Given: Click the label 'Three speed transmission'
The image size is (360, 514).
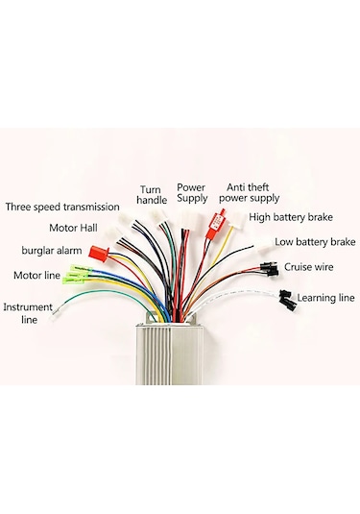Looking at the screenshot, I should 63,207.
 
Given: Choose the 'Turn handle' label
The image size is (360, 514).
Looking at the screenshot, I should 152,194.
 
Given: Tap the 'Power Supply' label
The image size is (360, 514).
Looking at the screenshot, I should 192,193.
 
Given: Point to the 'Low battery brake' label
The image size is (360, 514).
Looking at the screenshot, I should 315,242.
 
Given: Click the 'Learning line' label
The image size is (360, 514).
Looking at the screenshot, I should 324,298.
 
